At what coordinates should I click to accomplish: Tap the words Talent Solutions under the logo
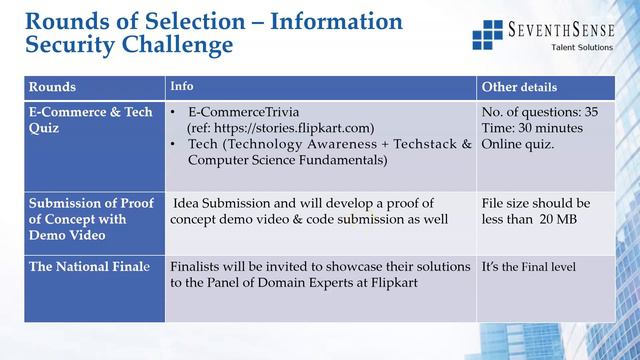[584, 49]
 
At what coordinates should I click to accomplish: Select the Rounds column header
[52, 87]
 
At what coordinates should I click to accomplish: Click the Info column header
[182, 86]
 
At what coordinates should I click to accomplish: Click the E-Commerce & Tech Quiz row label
[90, 120]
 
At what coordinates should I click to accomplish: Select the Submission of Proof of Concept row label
[90, 219]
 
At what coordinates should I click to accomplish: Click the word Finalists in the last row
[199, 267]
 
